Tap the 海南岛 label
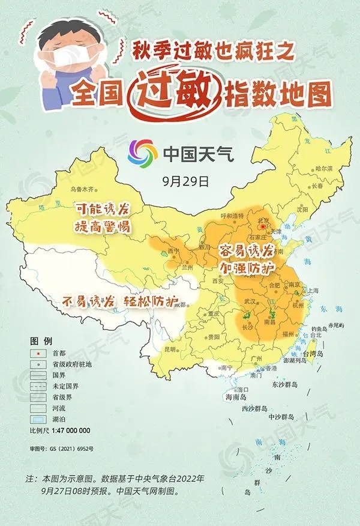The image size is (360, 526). tap(236, 398)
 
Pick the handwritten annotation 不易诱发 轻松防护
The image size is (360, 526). tap(120, 302)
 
